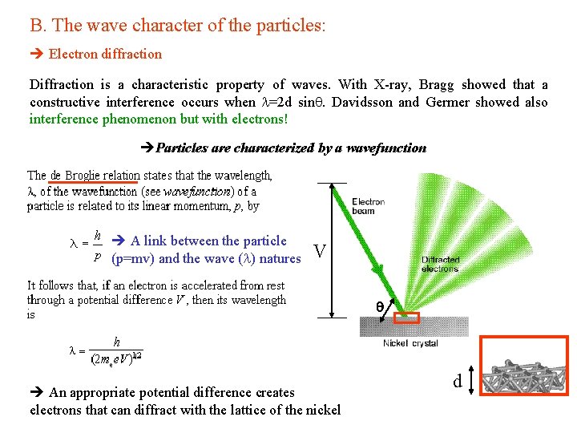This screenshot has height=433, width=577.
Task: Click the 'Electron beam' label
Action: click(368, 206)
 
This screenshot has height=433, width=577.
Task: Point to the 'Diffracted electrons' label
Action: click(440, 265)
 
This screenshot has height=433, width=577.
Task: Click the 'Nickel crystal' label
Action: click(410, 343)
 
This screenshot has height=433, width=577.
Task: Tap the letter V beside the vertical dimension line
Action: click(319, 253)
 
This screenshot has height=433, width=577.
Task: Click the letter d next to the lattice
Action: click(458, 382)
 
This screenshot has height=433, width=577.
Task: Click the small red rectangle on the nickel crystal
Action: click(407, 318)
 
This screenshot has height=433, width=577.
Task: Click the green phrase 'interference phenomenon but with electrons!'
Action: click(159, 119)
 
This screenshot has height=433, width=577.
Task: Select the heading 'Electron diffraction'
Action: click(105, 55)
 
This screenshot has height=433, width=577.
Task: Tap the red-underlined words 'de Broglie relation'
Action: click(95, 175)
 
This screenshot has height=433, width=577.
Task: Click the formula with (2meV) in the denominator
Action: click(112, 350)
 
